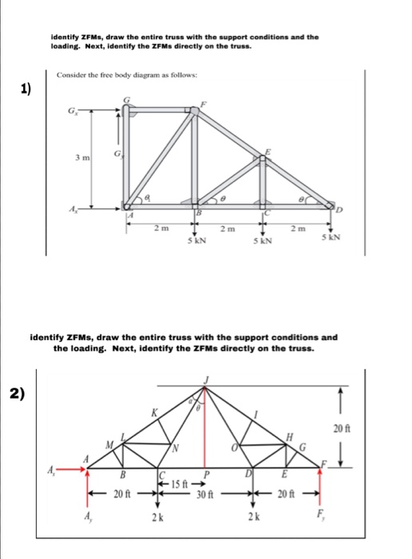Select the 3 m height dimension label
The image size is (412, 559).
point(81,160)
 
